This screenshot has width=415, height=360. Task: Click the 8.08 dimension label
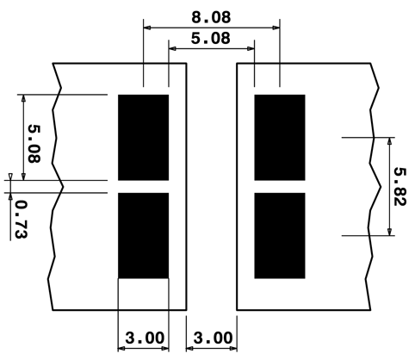(211, 17)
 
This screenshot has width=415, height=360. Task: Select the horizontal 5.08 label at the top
(211, 38)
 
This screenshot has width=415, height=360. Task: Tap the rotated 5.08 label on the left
(34, 144)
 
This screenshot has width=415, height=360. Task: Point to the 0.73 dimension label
(22, 220)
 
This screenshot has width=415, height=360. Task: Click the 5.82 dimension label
(400, 186)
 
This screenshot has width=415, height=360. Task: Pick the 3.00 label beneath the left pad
(145, 338)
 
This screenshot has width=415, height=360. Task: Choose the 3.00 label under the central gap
(213, 338)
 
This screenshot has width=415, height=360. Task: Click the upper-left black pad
(144, 138)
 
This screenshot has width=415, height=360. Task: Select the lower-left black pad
(144, 236)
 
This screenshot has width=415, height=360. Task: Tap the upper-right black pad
(280, 138)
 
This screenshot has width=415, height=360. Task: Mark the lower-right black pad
(280, 236)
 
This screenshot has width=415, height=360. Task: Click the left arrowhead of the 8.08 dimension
(147, 28)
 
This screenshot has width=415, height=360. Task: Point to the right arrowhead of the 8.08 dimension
(276, 28)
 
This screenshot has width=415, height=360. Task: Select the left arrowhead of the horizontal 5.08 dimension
(172, 49)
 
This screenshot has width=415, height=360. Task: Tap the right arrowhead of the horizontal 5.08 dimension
(251, 49)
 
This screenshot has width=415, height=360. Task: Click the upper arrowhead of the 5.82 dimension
(389, 141)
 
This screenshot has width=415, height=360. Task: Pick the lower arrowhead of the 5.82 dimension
(389, 232)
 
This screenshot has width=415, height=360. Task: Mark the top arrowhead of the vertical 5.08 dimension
(23, 98)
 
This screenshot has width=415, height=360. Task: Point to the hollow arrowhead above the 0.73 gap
(10, 177)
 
